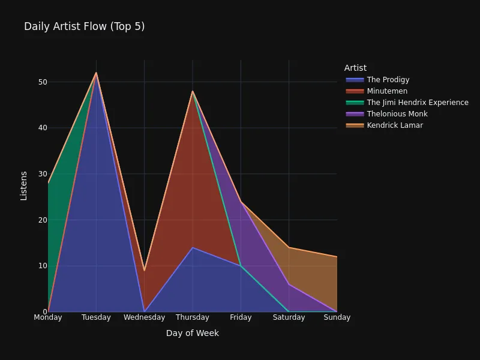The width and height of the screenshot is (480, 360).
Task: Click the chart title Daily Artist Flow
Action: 84,26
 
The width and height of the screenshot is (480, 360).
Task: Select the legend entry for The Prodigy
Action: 388,80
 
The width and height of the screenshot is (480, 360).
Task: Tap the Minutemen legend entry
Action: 387,91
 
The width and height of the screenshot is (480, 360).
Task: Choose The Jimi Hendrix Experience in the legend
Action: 417,103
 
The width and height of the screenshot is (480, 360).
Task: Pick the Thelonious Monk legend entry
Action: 397,114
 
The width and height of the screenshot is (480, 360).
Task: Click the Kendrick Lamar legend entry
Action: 395,125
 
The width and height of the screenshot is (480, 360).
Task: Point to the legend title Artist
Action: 355,68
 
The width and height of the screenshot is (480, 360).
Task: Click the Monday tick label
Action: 48,317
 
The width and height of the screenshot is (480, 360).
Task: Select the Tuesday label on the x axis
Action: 96,317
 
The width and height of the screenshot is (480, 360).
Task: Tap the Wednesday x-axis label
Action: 145,317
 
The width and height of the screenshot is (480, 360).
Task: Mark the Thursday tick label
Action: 193,317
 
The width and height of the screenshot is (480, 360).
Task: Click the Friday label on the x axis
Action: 241,317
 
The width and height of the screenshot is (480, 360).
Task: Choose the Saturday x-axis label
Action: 289,317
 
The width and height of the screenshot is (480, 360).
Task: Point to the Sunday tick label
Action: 337,317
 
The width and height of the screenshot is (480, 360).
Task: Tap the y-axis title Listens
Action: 24,185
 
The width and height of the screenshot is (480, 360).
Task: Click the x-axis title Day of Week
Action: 193,333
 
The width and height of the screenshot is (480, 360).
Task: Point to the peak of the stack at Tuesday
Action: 96,73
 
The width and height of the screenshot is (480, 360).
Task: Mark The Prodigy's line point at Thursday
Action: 193,248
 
